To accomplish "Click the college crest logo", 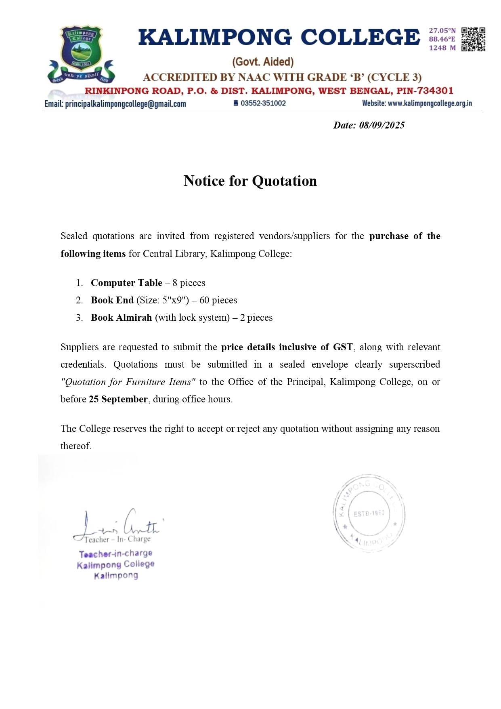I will click(81, 55).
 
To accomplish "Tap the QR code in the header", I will click(473, 39).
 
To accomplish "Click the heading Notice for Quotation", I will click(250, 181).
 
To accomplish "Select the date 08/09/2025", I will click(382, 125).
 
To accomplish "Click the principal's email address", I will click(126, 104).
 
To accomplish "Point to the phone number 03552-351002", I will click(263, 103).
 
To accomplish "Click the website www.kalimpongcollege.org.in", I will click(430, 103).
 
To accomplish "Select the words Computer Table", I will click(126, 283).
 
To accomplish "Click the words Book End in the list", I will click(112, 300).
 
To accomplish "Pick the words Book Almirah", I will click(121, 318).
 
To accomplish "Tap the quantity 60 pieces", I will click(218, 300).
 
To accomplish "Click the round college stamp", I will click(369, 513).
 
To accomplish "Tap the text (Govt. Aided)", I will click(263, 62).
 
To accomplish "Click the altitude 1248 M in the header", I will click(442, 48).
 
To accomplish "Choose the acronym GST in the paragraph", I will click(343, 347).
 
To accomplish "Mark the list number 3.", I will click(79, 318).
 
